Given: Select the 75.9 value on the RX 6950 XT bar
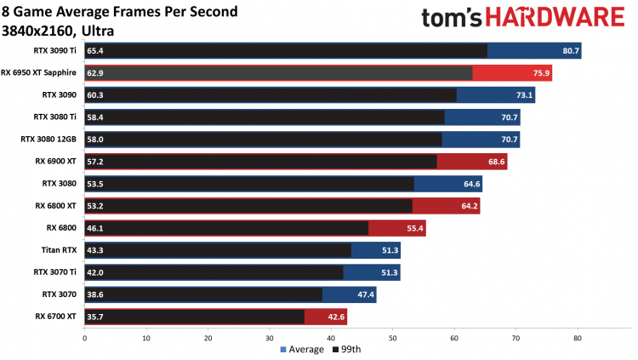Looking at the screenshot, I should tap(541, 73).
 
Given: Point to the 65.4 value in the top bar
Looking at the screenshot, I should tap(96, 51).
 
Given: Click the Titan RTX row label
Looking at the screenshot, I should tap(60, 250).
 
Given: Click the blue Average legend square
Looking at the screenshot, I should tap(282, 350).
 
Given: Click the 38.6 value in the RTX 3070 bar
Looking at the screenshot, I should tap(96, 294).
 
